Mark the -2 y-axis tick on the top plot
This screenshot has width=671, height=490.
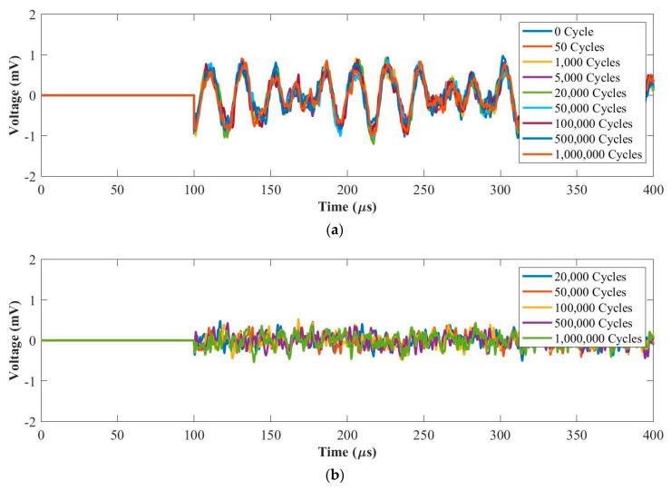31,178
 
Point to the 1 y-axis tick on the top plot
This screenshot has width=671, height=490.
33,55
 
